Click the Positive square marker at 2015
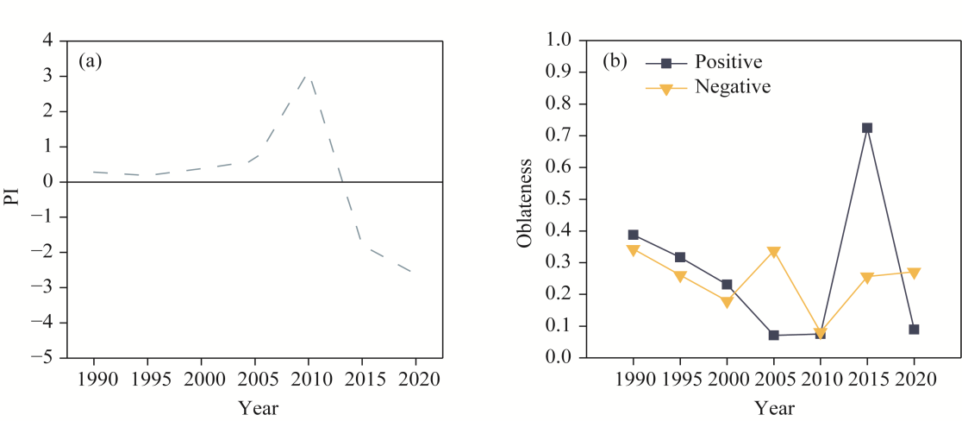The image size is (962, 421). (867, 128)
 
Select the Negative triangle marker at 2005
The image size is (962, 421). (773, 252)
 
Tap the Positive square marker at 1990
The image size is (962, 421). (634, 235)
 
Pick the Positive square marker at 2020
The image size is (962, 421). (914, 330)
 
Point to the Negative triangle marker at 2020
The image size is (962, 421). (914, 273)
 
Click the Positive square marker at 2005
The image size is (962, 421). (773, 335)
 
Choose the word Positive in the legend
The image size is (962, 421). (728, 62)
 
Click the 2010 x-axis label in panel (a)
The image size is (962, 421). (308, 380)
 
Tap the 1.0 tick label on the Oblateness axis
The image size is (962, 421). (559, 41)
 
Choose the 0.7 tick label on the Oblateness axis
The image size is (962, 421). (559, 135)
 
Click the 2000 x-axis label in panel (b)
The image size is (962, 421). (727, 380)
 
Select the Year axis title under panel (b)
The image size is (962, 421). (774, 408)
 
